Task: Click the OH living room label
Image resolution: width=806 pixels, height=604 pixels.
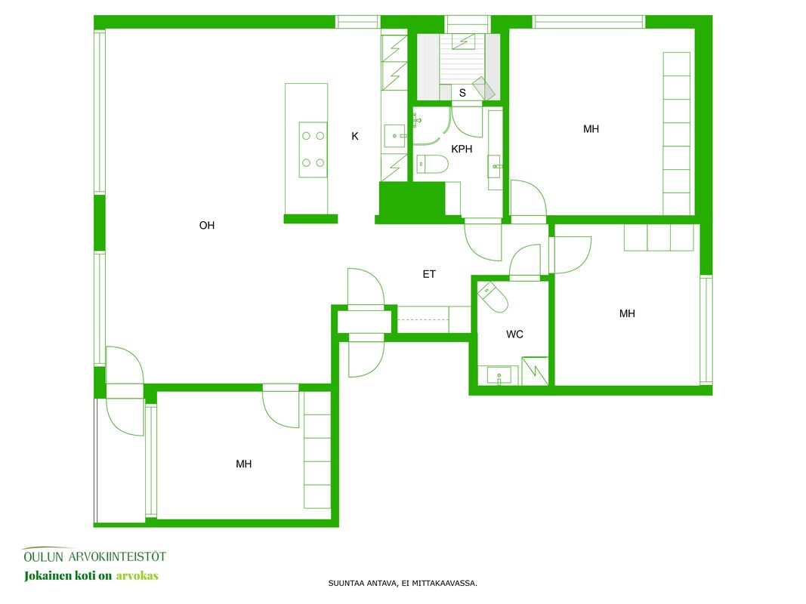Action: point(207,226)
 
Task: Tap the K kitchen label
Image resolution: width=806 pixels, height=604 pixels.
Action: point(355,136)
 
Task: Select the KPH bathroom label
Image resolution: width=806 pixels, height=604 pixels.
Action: point(462,149)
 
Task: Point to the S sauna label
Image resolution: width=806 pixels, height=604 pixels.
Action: point(462,93)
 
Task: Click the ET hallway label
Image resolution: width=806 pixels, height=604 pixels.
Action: point(429,274)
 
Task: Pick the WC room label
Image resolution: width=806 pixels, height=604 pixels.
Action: point(514,334)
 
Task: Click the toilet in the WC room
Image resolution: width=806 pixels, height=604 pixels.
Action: point(493,297)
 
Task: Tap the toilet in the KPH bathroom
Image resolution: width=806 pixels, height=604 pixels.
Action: point(432,165)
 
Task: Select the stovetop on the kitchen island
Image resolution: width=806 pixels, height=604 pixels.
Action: point(313,150)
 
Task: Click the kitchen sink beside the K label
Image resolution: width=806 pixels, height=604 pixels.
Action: point(395,136)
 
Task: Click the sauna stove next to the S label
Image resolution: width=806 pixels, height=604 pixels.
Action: point(483,88)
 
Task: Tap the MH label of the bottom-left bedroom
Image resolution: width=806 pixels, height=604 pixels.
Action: point(244,464)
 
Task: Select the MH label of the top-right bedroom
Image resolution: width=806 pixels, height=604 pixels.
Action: point(591,129)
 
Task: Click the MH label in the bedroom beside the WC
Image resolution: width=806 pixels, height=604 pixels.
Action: point(627,314)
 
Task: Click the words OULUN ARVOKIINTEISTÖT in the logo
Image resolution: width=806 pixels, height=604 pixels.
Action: point(94,556)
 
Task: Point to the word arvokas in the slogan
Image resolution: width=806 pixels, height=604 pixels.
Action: point(137,576)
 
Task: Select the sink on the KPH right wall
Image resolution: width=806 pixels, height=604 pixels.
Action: point(495,166)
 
